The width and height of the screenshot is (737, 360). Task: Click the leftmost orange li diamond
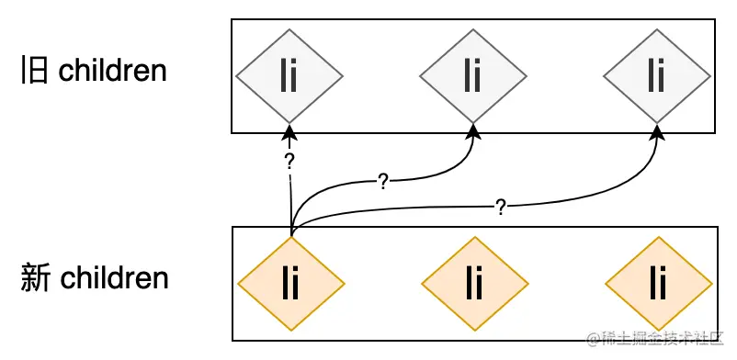291,284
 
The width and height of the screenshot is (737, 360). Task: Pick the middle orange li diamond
474,284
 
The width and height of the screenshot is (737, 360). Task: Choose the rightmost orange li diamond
658,284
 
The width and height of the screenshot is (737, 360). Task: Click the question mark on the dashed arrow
289,163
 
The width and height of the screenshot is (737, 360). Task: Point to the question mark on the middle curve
382,181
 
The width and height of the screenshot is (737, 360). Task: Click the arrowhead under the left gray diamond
289,131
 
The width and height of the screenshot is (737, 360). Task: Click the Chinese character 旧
34,72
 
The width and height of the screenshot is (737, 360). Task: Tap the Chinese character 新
34,277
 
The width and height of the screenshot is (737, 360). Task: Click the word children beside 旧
112,71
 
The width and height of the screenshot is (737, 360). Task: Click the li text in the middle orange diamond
474,284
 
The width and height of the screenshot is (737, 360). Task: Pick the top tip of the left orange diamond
291,238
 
